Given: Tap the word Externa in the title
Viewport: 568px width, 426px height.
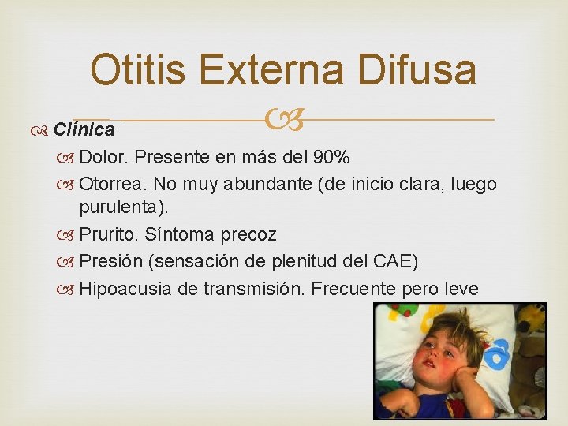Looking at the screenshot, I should click(x=281, y=70).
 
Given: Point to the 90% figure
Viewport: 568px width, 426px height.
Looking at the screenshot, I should click(x=332, y=157).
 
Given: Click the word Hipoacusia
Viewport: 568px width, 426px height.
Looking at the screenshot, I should click(x=126, y=288).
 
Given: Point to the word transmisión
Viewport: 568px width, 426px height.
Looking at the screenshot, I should click(x=253, y=288).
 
